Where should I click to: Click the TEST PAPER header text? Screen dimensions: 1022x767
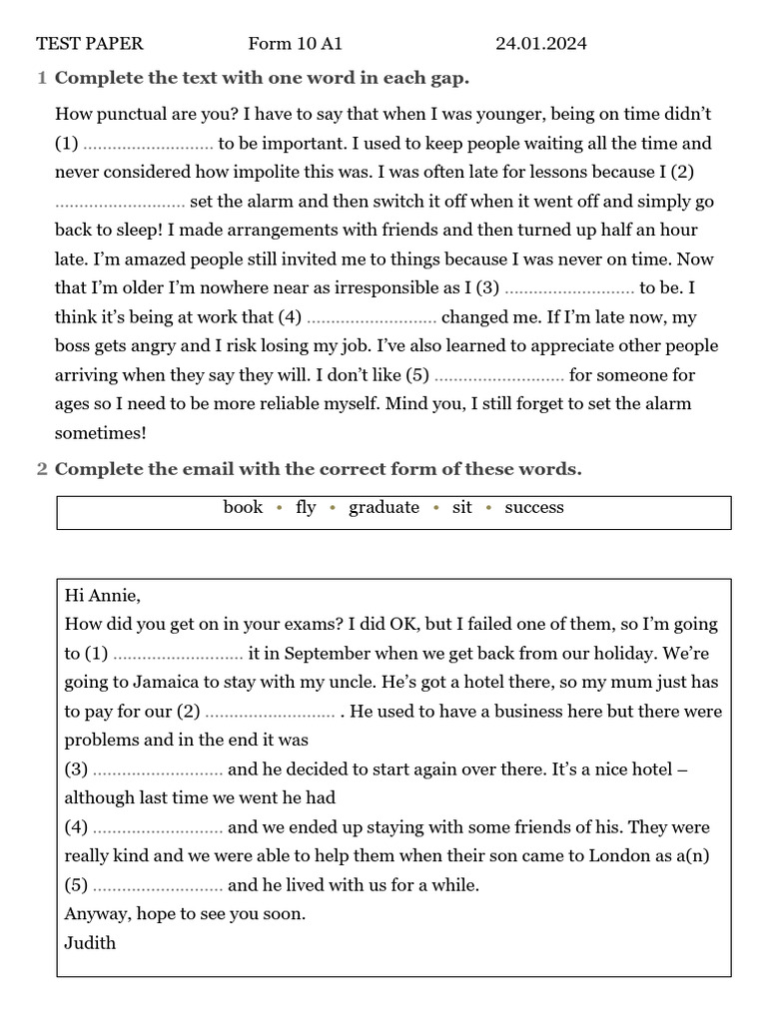click(90, 43)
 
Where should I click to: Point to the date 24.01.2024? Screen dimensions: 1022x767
click(540, 43)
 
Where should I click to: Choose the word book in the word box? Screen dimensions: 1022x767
click(243, 507)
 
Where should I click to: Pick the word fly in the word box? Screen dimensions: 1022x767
click(306, 507)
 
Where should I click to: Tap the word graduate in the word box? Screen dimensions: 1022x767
click(383, 507)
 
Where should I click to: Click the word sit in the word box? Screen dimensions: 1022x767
click(461, 507)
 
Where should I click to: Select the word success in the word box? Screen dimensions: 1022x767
click(534, 507)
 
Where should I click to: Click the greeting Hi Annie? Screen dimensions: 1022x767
click(102, 596)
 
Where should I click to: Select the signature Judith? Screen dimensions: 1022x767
click(90, 942)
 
